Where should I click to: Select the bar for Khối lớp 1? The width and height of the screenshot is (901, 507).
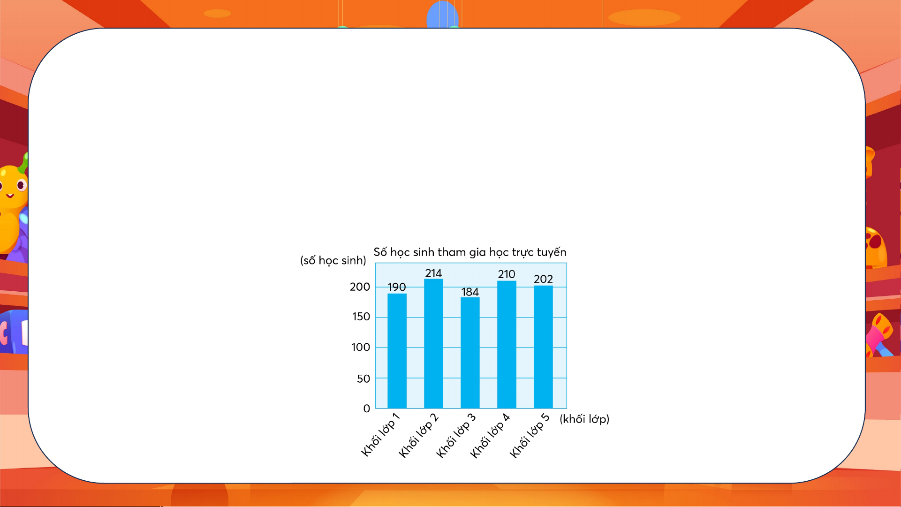397,351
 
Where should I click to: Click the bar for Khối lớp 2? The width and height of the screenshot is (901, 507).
433,344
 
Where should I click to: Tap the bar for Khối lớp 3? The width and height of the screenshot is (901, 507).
470,353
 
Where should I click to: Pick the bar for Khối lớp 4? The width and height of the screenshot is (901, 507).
507,345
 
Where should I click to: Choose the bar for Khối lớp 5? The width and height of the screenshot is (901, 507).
543,347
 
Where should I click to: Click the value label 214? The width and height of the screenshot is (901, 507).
433,273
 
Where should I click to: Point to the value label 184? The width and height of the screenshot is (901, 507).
470,292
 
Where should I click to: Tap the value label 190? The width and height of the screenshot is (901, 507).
397,287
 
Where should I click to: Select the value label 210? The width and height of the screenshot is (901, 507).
507,274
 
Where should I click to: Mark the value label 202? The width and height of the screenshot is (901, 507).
543,279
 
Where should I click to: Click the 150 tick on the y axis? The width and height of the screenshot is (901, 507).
361,317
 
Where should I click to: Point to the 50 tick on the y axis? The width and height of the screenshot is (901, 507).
363,378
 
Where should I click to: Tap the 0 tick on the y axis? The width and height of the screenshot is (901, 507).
367,409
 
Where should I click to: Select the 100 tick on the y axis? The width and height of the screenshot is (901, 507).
361,347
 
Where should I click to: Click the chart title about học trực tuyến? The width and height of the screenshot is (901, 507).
470,252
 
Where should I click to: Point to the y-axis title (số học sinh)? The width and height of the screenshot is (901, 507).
333,260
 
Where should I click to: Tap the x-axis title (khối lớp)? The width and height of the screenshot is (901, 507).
584,419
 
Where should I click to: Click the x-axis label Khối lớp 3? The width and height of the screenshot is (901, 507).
456,435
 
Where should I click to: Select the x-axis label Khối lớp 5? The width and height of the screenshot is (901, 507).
530,435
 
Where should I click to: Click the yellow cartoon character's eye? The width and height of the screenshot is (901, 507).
22,185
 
